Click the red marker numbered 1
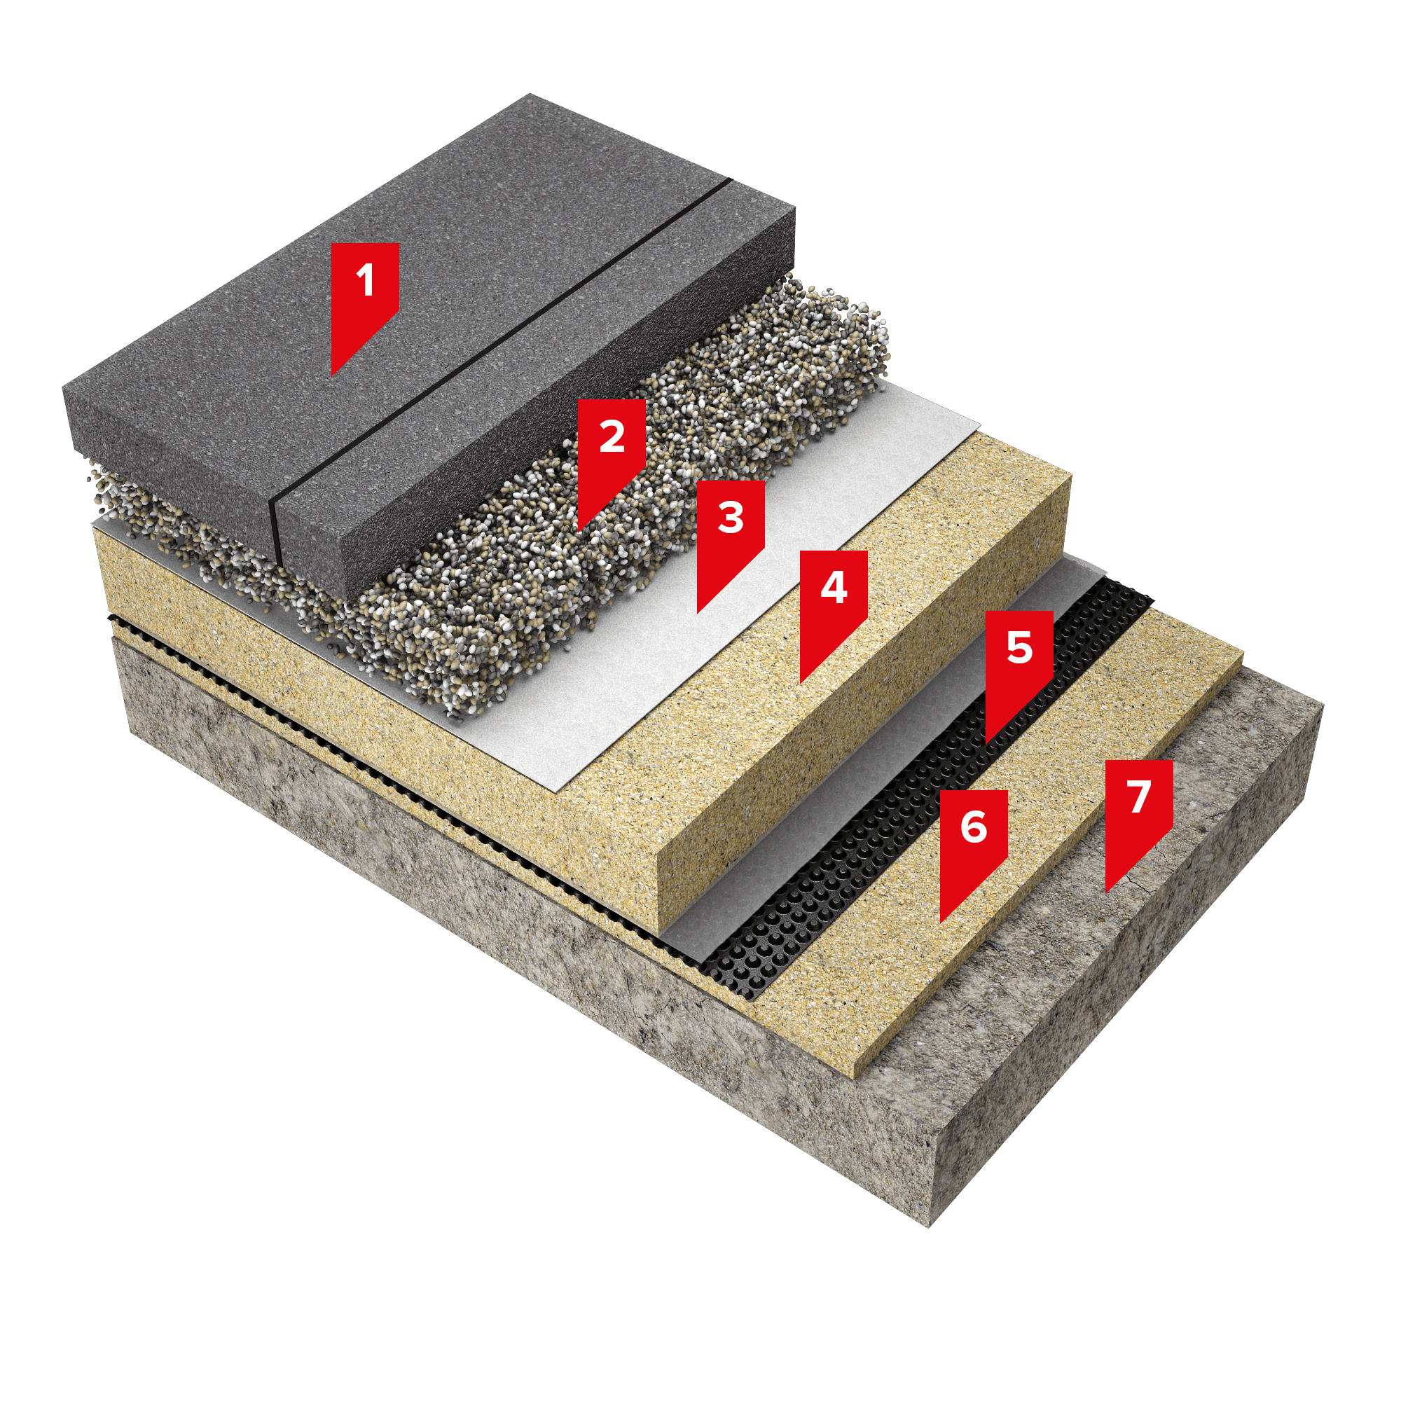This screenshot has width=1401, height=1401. click(x=365, y=297)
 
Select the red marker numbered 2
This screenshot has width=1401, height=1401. click(x=612, y=453)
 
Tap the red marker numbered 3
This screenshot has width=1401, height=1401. click(x=730, y=535)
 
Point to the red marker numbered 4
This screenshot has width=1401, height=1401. click(x=833, y=605)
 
